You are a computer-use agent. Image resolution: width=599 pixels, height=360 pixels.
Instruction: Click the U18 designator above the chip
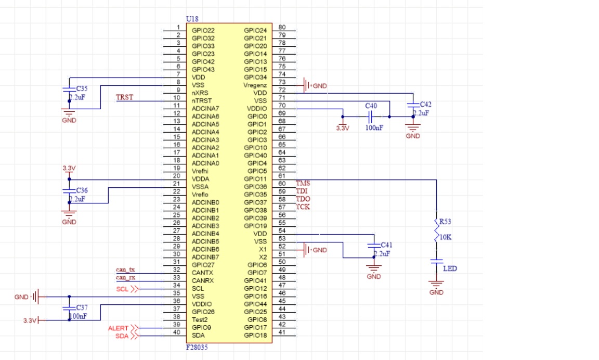[x=192, y=19]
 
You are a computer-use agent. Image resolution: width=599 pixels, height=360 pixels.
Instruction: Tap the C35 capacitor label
[x=82, y=89]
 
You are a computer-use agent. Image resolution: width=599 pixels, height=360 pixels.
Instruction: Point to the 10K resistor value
[x=446, y=238]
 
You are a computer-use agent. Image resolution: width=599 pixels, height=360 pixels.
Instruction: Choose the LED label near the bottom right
[x=450, y=269]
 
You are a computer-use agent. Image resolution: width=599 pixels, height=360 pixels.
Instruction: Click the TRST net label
[x=124, y=97]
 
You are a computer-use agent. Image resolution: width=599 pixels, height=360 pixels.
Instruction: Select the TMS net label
[x=303, y=183]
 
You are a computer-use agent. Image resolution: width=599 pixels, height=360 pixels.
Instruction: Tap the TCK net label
[x=303, y=207]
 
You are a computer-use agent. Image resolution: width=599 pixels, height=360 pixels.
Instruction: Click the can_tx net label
[x=125, y=269]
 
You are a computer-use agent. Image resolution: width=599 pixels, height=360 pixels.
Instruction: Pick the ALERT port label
[x=118, y=328]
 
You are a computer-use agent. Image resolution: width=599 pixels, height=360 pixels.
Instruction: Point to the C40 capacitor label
[x=371, y=106]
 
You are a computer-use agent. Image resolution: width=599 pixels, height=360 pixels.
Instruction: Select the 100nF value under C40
[x=373, y=128]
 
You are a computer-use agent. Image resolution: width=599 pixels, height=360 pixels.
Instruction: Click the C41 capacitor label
[x=387, y=245]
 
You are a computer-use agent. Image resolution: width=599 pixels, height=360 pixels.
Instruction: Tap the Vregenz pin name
[x=255, y=85]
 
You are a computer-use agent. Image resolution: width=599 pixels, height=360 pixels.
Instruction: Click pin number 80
[x=282, y=28]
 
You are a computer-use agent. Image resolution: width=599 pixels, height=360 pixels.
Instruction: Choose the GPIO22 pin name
[x=203, y=31]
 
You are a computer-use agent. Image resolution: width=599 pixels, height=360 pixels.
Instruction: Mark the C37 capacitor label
[x=82, y=308]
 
